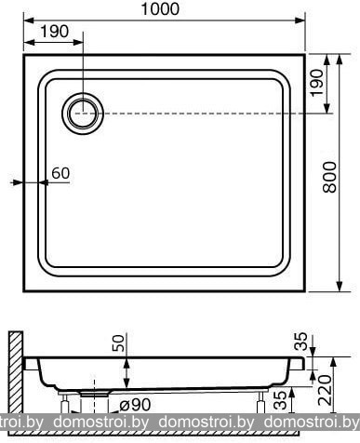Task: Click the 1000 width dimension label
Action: [160, 8]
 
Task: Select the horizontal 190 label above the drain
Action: [54, 32]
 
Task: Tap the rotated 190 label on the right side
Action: [317, 83]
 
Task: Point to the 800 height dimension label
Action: [329, 177]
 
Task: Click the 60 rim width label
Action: [60, 173]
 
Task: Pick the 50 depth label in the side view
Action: [118, 342]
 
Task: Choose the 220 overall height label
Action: [326, 390]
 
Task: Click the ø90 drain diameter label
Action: [135, 405]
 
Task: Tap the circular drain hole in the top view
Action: [83, 114]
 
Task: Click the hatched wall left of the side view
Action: [16, 372]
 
